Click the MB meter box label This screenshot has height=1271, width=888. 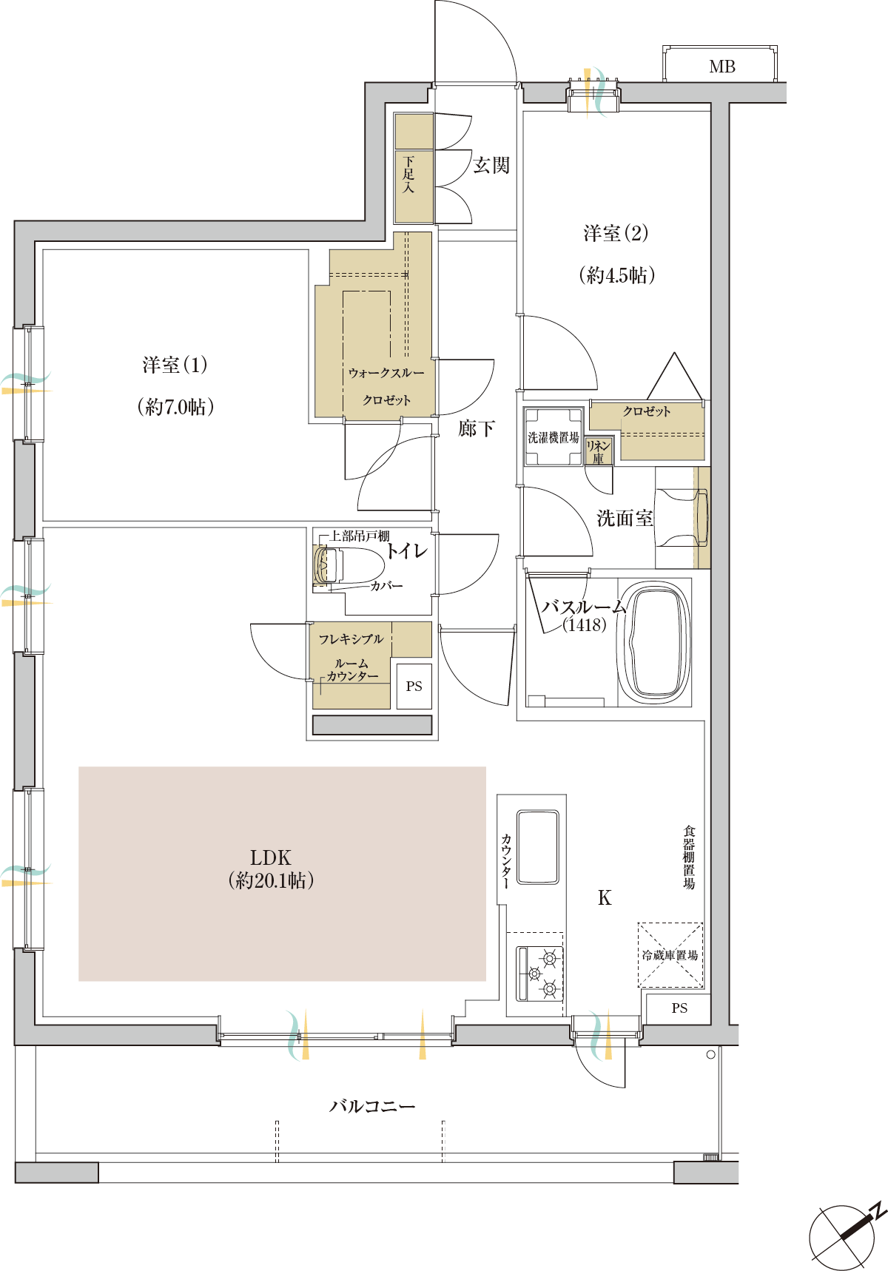(x=721, y=67)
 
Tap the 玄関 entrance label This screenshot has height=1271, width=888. (x=491, y=165)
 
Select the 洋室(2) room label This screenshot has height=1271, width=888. (x=616, y=234)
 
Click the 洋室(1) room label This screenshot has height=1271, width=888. (x=175, y=365)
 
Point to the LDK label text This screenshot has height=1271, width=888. (x=271, y=857)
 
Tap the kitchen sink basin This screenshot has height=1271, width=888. (x=538, y=846)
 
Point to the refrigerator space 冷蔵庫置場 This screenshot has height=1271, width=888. (x=670, y=955)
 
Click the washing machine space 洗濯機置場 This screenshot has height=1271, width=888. (x=554, y=437)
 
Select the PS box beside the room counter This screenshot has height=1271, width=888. (x=414, y=687)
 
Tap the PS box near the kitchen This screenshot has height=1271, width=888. (x=679, y=1008)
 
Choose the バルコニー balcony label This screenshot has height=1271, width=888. (x=372, y=1106)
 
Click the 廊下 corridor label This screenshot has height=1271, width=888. (x=476, y=428)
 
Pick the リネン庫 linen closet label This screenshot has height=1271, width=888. (x=598, y=451)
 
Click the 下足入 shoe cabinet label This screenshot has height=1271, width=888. (x=408, y=175)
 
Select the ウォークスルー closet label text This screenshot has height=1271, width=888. (x=386, y=373)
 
